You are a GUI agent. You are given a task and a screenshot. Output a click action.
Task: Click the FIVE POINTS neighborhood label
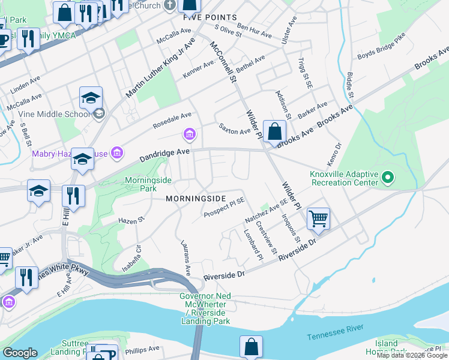tap(209, 18)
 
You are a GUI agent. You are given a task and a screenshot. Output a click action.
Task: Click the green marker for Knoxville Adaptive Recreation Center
tap(388, 177)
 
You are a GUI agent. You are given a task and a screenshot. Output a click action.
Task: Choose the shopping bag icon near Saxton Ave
tap(274, 131)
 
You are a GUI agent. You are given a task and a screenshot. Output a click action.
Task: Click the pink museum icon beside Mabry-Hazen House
tap(117, 154)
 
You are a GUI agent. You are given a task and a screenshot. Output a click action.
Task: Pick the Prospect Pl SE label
tap(224, 208)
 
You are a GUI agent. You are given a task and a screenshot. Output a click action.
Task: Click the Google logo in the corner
tap(20, 353)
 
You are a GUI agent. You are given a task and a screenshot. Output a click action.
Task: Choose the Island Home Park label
tap(390, 347)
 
